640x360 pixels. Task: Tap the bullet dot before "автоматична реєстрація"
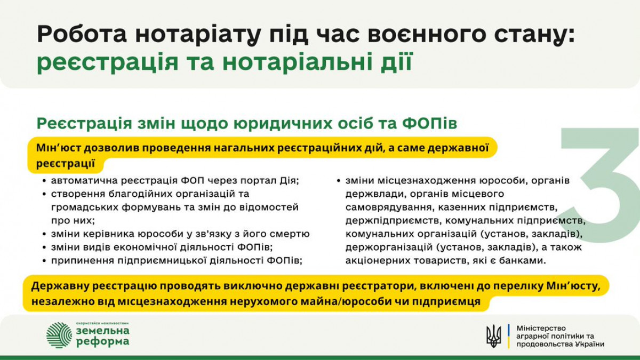tap(44, 181)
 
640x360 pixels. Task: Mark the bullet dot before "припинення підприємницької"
tap(44, 261)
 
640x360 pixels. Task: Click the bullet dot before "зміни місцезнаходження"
tap(339, 181)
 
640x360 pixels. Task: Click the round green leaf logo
tap(59, 335)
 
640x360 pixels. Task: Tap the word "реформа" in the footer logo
tap(103, 342)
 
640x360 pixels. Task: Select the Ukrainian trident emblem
tap(494, 336)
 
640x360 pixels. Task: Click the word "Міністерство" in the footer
tap(541, 328)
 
